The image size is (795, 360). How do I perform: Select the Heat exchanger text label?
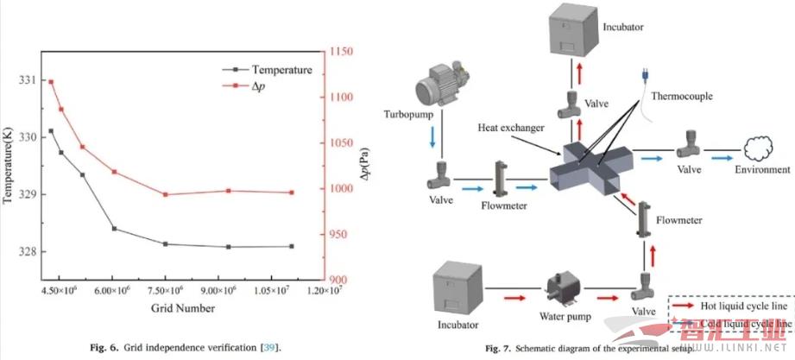pos(512,128)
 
